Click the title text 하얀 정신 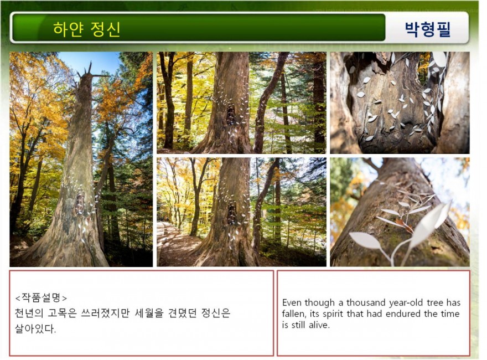click(x=87, y=29)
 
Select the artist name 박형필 click(x=428, y=29)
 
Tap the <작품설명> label click(x=41, y=298)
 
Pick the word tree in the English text click(x=435, y=302)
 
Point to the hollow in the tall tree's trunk click(x=80, y=203)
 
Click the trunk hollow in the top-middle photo click(x=230, y=115)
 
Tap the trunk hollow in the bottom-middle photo click(x=231, y=213)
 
